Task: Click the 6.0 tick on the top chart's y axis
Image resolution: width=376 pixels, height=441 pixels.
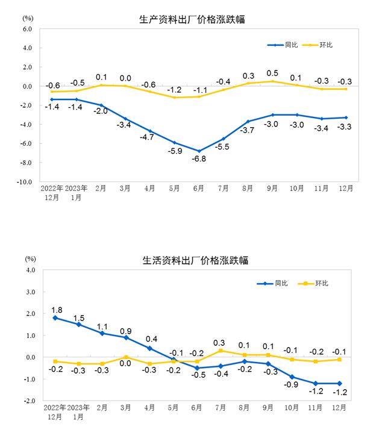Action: coord(27,28)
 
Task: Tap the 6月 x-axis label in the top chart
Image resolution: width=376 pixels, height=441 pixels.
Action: coord(198,189)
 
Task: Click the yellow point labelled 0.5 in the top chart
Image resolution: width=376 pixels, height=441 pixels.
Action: coord(272,81)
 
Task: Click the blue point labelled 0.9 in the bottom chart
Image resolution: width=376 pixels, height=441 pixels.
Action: coord(126,337)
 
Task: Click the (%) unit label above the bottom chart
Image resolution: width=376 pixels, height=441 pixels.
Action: coord(30,259)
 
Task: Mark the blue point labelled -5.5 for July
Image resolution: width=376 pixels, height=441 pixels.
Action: coord(223,139)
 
